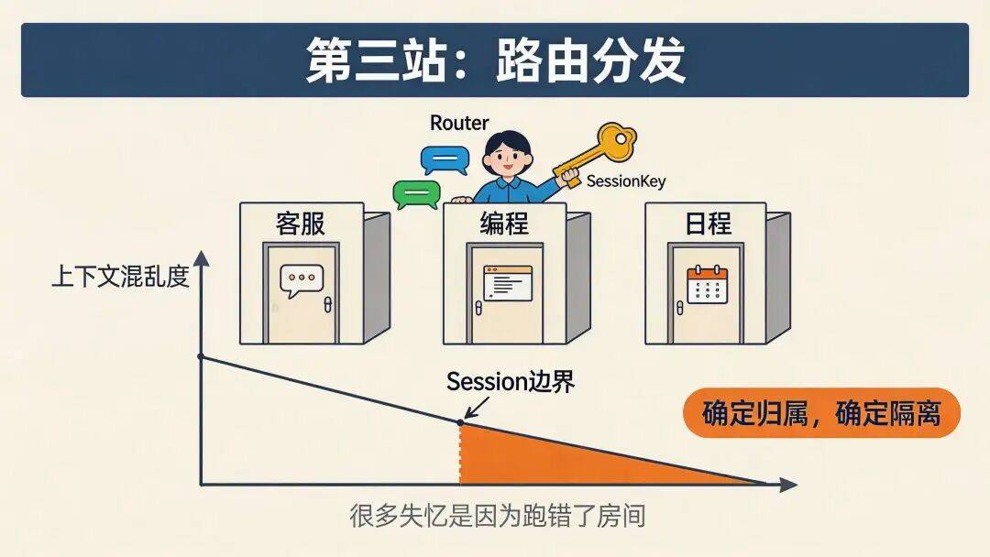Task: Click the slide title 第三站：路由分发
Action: tap(495, 60)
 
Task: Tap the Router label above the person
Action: tap(459, 123)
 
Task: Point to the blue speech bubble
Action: tap(444, 160)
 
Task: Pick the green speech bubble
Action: tap(416, 193)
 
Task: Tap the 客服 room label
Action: tap(301, 224)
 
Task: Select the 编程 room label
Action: tap(504, 224)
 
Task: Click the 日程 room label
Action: tap(707, 224)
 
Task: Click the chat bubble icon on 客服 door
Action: tap(302, 280)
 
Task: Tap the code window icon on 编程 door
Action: tap(507, 282)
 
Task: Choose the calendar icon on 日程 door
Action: tap(707, 284)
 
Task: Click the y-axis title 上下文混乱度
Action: tap(120, 277)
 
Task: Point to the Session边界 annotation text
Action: tap(511, 382)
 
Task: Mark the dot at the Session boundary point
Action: tap(460, 422)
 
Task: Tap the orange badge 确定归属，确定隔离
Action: tap(821, 413)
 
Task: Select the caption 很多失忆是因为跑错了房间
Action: tap(497, 516)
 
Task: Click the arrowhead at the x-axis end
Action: tap(787, 484)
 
